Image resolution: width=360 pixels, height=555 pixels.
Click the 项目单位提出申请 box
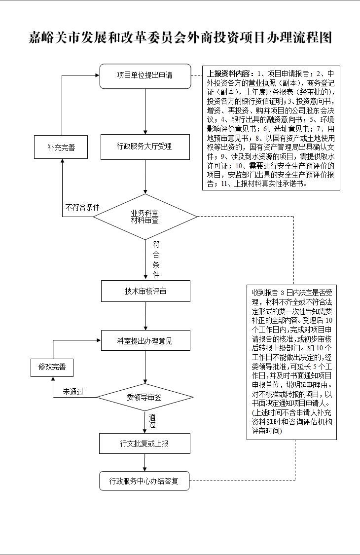[x=145, y=76]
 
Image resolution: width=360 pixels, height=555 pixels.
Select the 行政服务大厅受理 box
[x=145, y=147]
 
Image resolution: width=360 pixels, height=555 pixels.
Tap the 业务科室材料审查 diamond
[x=145, y=217]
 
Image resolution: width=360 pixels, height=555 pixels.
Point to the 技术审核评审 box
[x=145, y=291]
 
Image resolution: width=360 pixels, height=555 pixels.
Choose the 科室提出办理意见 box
[x=145, y=341]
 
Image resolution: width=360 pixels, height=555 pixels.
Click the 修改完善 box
[x=52, y=367]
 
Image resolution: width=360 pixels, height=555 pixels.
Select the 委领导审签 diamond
[x=144, y=397]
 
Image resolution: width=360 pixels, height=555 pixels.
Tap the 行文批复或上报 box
[x=144, y=444]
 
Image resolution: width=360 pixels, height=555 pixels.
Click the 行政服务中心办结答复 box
[x=144, y=481]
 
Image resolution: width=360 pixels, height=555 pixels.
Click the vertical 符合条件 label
[x=156, y=259]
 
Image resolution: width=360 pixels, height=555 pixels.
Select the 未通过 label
[x=73, y=392]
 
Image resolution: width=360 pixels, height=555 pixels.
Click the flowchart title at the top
[x=180, y=38]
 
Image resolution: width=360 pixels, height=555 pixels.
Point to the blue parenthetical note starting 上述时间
[x=291, y=421]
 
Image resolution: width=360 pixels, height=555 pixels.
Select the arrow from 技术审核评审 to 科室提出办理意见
[x=145, y=316]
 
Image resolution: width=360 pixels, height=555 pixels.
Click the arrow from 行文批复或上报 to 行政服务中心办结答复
[x=144, y=462]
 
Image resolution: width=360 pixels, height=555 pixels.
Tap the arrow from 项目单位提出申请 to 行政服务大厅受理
[x=145, y=111]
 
